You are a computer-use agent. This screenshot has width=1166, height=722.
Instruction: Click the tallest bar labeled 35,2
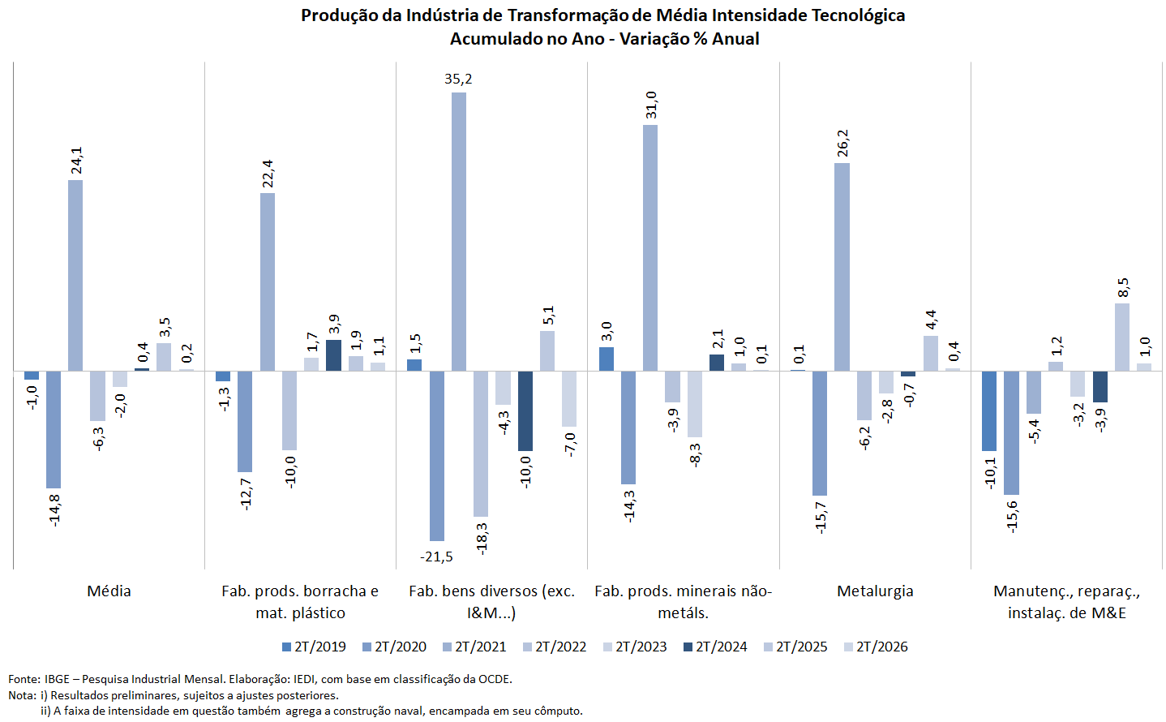459,232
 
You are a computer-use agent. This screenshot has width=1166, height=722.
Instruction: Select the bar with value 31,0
650,248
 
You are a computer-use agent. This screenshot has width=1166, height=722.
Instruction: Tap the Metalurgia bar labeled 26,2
842,267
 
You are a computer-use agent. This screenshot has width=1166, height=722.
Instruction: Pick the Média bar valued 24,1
75,276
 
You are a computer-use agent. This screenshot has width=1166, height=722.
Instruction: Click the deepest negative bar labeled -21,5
437,456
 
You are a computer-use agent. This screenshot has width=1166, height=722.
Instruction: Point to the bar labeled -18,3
481,443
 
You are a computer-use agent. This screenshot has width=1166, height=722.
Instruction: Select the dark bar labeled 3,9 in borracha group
333,355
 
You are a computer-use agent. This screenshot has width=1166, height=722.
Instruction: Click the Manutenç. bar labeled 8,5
1121,337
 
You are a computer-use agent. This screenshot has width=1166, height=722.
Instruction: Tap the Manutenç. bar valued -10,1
989,411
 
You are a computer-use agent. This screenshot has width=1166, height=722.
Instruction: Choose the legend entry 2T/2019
314,647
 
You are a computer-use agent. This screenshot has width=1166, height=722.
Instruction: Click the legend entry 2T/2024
715,647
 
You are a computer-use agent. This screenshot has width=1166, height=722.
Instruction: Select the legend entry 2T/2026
876,647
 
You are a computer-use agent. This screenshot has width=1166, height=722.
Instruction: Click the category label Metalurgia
875,591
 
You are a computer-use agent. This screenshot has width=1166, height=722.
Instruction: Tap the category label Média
109,591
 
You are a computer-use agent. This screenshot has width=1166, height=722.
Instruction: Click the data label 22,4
268,174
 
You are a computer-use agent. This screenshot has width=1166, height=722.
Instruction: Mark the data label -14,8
54,510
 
